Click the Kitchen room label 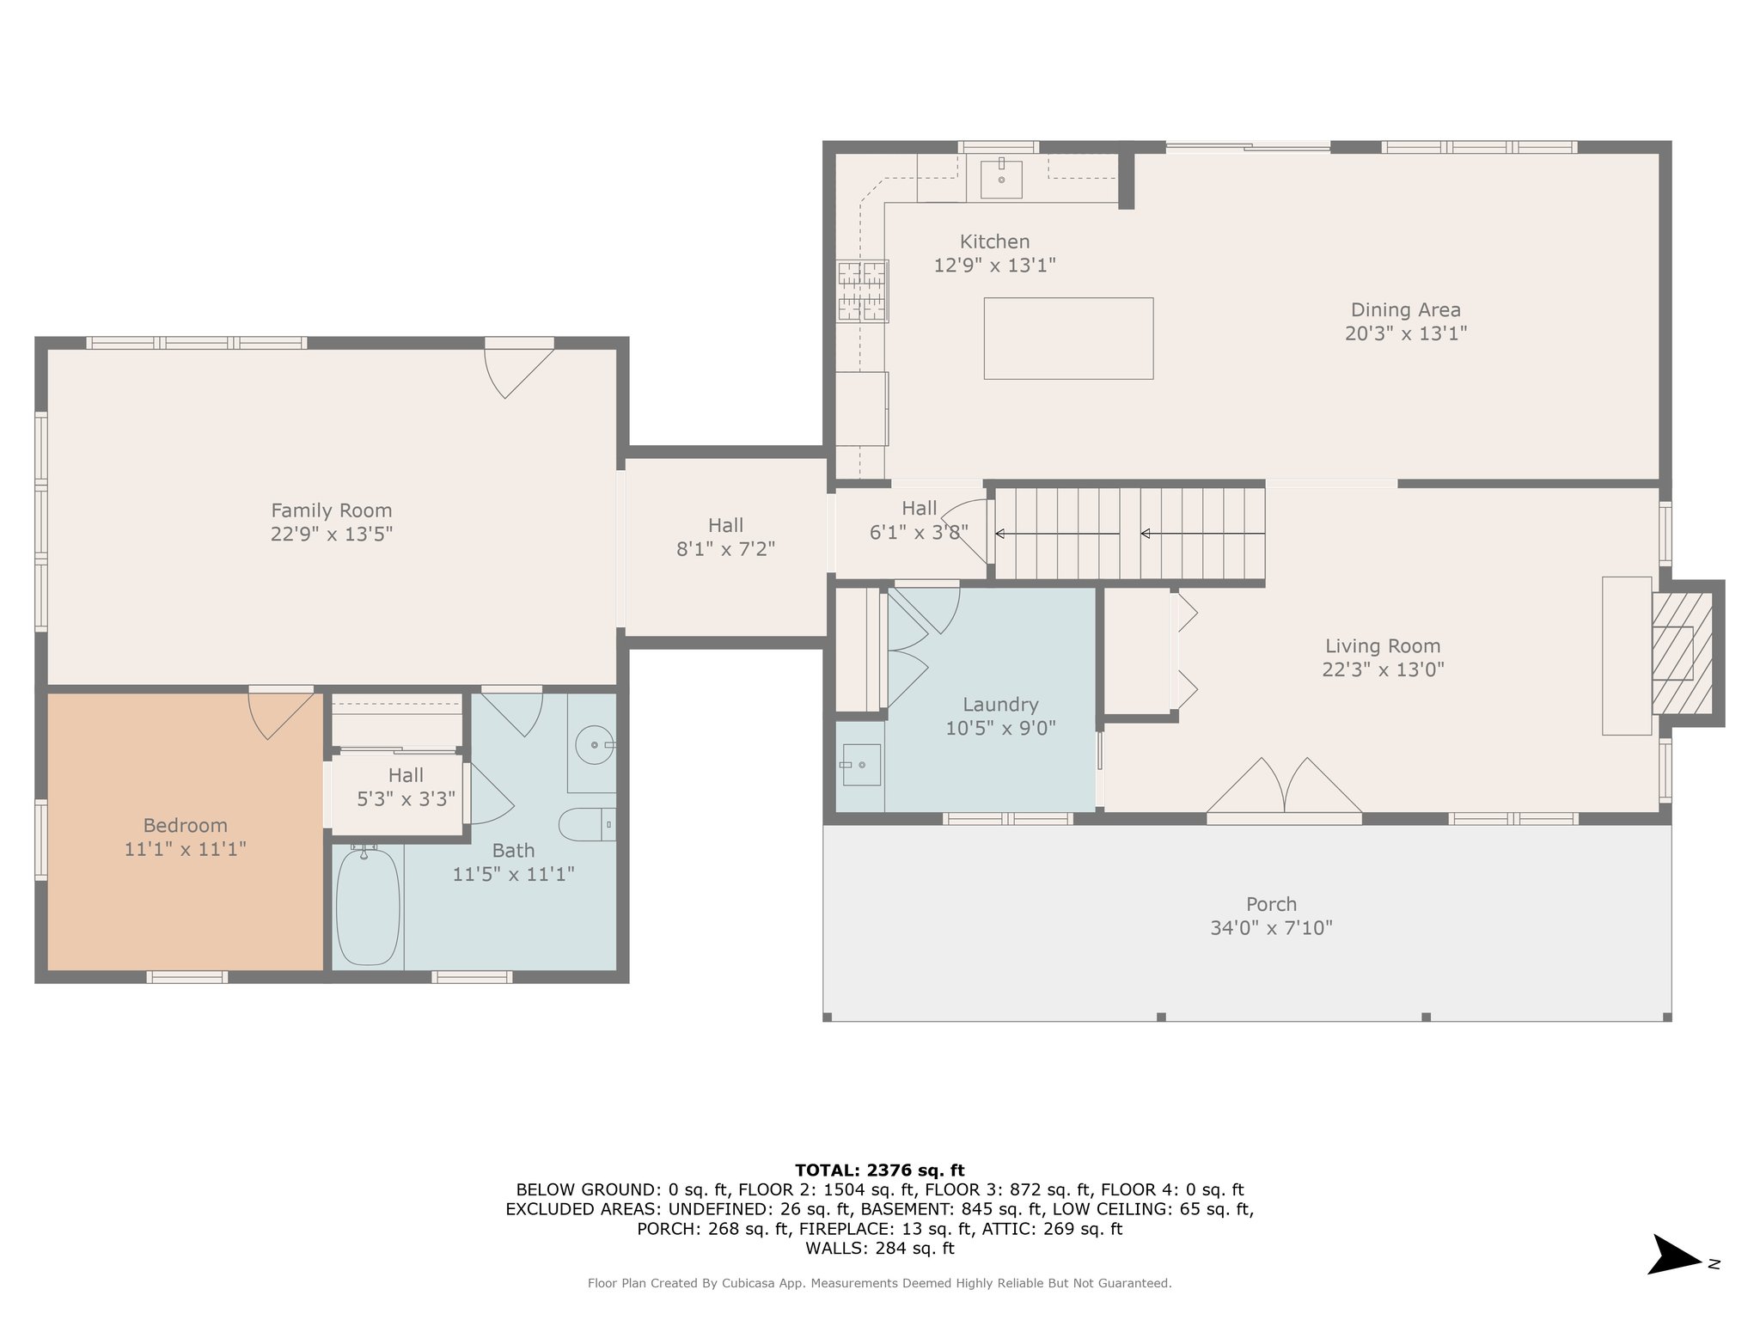994,241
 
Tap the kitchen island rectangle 1068,338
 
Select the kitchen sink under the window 1001,178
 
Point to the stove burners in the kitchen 862,290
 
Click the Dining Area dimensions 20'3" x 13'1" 1405,333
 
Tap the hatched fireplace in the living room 1682,652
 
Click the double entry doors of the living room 1284,785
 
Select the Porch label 1271,904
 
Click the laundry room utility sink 861,765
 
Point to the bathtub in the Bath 368,906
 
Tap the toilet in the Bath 587,824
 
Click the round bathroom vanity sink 594,743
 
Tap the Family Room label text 332,510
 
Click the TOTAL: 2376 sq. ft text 880,1170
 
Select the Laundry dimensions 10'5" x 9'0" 1000,728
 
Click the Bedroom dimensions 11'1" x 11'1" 186,849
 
